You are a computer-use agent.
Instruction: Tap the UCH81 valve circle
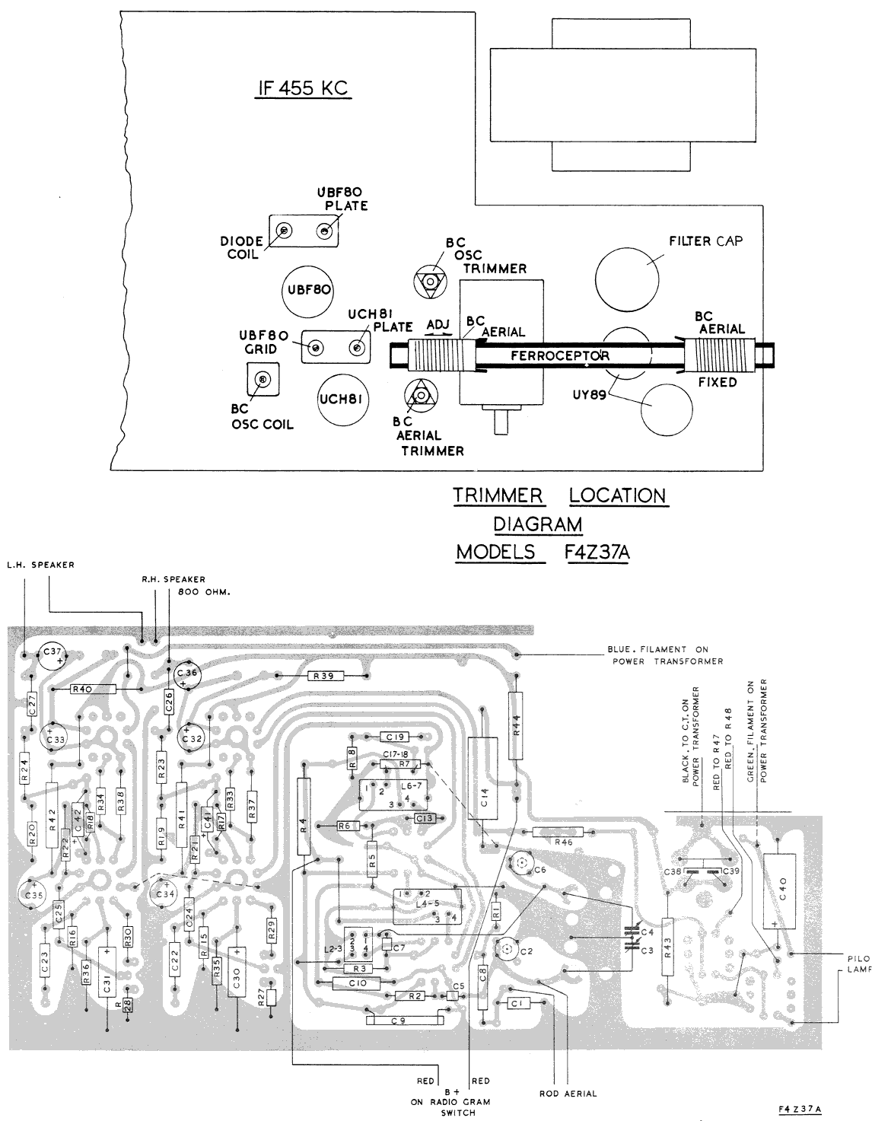point(340,399)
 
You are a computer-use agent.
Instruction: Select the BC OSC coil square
point(263,379)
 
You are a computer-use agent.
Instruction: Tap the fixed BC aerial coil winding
point(719,356)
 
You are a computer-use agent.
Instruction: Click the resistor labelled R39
point(326,675)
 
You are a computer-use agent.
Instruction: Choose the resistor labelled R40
point(92,689)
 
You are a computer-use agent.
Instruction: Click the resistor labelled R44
point(516,726)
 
